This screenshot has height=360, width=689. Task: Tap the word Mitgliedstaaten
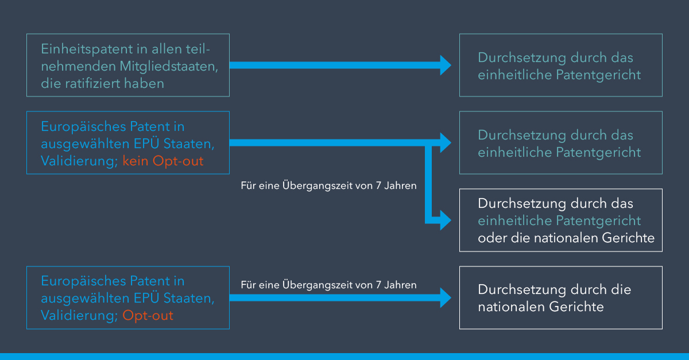pos(169,67)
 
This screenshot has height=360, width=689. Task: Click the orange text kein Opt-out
pos(163,161)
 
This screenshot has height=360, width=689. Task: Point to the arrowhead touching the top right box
pos(446,65)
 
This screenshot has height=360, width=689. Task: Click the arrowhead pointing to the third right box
pos(446,220)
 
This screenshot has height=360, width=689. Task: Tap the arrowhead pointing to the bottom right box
pos(446,298)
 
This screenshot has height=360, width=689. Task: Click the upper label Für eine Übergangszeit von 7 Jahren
pos(328,185)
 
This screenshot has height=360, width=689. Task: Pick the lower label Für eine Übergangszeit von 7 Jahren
pos(328,285)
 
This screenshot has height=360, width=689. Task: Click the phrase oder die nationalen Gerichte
pos(566,238)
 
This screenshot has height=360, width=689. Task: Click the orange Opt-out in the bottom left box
pos(148,316)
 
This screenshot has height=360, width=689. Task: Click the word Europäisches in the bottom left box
pos(83,281)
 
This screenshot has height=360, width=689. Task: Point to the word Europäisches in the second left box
pos(83,127)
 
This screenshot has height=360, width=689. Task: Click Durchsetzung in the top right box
pos(522,57)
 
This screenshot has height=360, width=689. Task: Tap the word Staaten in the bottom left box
pos(189,298)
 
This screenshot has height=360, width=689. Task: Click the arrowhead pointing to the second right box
pos(446,143)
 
